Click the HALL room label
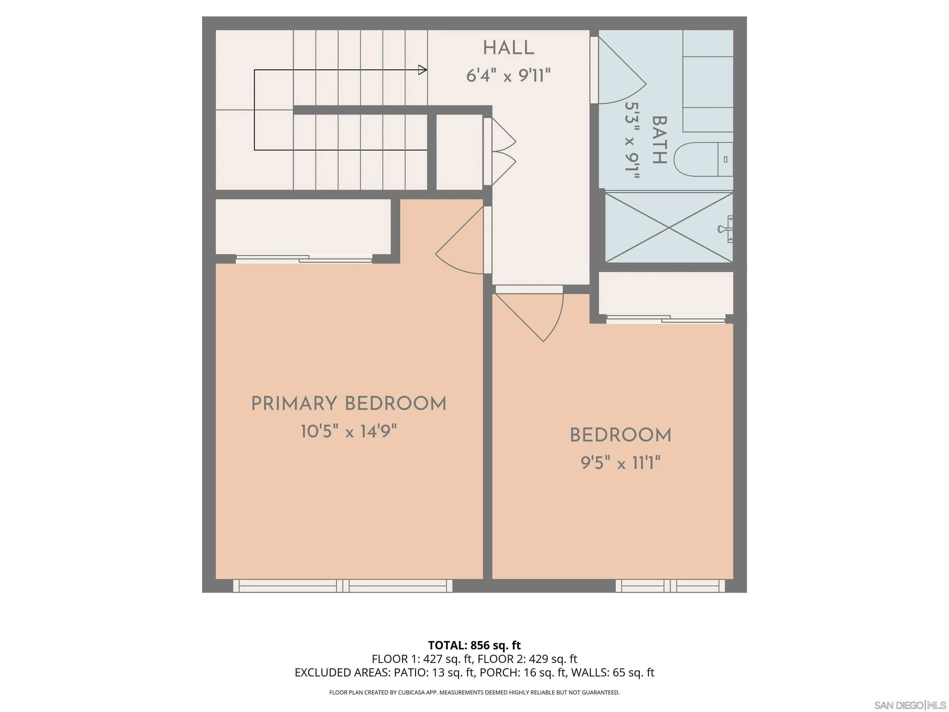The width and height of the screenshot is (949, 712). tap(508, 48)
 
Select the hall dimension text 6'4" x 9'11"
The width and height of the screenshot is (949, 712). tap(508, 76)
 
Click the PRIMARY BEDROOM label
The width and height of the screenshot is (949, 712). tap(348, 404)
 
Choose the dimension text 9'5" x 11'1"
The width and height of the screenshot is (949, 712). tap(620, 463)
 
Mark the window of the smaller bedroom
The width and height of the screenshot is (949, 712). tap(670, 586)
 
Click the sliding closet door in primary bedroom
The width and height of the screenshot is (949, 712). tap(304, 259)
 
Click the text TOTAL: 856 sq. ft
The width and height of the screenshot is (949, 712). tap(474, 645)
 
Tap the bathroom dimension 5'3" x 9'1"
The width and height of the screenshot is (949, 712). tap(631, 140)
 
